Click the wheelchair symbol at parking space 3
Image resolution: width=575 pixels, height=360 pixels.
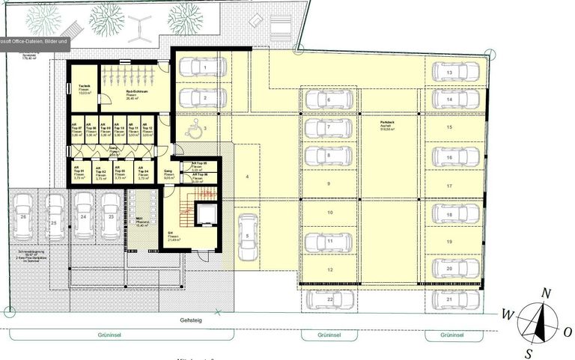click(x=192, y=131)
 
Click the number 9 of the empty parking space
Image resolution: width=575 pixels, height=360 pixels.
click(x=328, y=183)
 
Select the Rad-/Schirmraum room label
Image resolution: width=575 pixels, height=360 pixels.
click(x=136, y=94)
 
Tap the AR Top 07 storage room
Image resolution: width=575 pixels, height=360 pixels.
click(x=76, y=130)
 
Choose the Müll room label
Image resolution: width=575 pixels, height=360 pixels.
click(x=139, y=222)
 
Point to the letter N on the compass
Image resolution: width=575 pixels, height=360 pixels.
click(x=547, y=293)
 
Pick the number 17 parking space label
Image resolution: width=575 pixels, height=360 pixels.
click(x=450, y=186)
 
